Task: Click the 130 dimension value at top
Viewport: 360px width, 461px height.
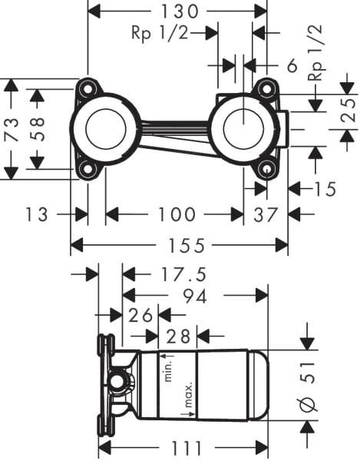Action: (x=177, y=11)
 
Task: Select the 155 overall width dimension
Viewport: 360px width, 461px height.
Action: (x=178, y=246)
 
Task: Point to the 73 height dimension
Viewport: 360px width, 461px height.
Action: (x=11, y=128)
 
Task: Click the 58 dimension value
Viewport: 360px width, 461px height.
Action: (x=36, y=128)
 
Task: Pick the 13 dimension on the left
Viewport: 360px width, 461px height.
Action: (x=36, y=214)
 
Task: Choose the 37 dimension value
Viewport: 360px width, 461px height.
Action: (x=266, y=214)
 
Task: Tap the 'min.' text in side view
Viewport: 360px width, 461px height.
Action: (x=167, y=371)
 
